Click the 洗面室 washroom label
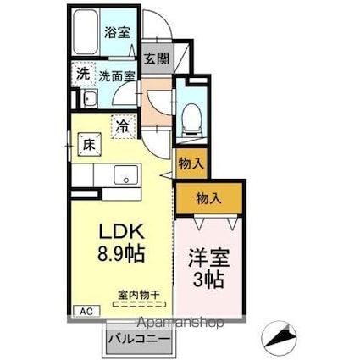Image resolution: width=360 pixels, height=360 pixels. click(x=117, y=75)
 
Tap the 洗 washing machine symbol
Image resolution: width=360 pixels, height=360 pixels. click(x=83, y=74)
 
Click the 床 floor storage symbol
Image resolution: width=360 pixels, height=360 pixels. click(x=89, y=145)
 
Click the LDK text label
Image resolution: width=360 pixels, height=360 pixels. click(x=122, y=231)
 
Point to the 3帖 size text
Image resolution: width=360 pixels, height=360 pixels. click(x=206, y=277)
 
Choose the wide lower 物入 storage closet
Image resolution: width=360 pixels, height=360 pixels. click(x=208, y=199)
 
